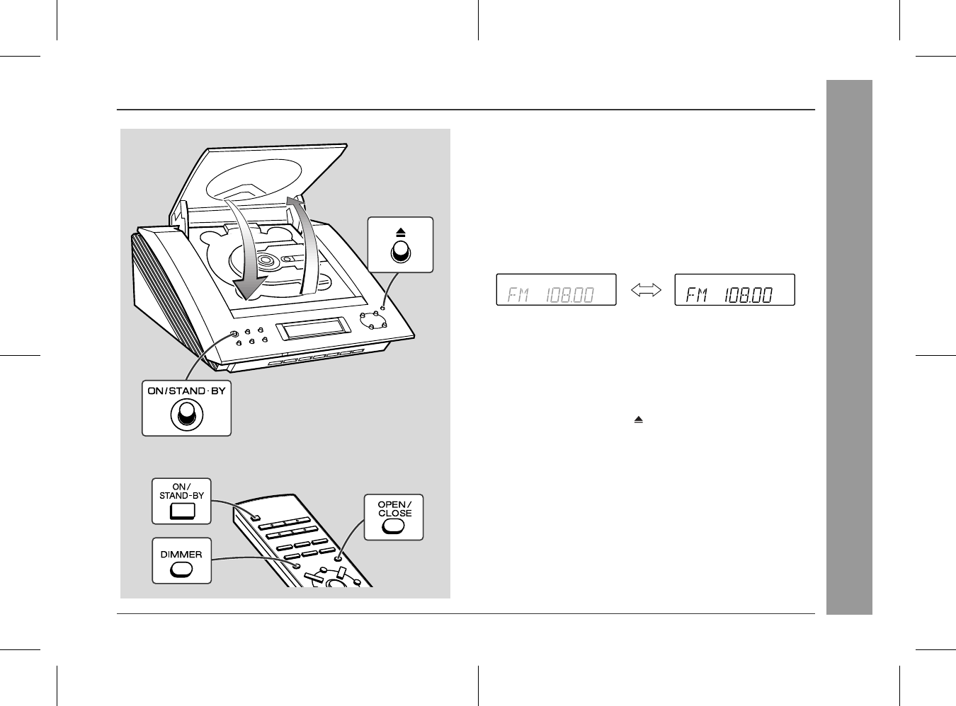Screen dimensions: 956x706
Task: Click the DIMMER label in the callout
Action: point(181,555)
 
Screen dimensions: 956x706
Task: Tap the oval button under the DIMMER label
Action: point(181,569)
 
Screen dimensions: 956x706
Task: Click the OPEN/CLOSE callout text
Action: point(395,509)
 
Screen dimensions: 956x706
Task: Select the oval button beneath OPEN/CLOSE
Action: point(393,526)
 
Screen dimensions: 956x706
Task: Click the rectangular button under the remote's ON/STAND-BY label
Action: point(182,511)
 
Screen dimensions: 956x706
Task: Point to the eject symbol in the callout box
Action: point(401,233)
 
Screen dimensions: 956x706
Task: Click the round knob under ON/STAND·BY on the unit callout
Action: point(187,415)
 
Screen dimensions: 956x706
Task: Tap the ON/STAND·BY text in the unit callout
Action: point(187,390)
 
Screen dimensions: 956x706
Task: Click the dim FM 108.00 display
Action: point(556,290)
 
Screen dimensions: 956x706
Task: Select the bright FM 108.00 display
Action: point(734,290)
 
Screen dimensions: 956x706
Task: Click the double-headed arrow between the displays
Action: point(646,290)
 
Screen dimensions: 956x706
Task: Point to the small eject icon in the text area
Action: point(638,419)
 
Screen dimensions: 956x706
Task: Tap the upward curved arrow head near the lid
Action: point(296,201)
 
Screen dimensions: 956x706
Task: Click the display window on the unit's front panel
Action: point(313,328)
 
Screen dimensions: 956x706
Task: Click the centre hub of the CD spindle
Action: point(266,260)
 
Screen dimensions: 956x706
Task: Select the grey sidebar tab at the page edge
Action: point(849,347)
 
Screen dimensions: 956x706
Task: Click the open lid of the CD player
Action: point(258,181)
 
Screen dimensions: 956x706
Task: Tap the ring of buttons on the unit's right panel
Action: point(372,320)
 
